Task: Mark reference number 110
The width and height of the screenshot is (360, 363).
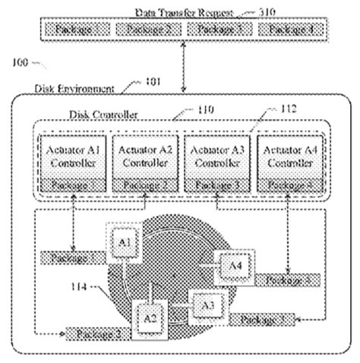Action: click(204, 109)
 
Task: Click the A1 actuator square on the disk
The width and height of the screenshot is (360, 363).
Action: click(125, 243)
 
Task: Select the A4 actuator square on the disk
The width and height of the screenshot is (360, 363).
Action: click(234, 265)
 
